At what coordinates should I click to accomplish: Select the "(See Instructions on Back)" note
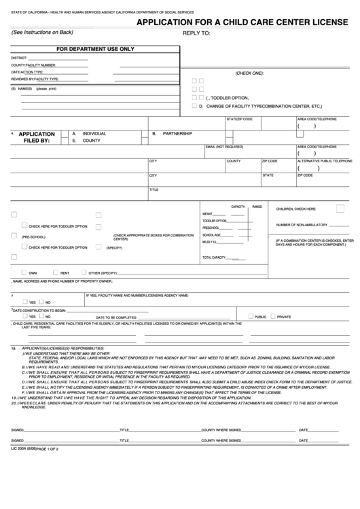[43, 32]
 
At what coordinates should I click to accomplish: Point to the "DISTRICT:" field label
[19, 58]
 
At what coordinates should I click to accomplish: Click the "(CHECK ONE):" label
[249, 73]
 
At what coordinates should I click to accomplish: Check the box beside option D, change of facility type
[194, 106]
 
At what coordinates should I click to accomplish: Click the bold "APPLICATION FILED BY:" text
[37, 137]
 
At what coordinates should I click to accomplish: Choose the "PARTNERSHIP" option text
[179, 134]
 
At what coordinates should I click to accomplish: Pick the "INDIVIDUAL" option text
[94, 134]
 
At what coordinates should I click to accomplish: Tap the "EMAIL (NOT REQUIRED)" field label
[223, 147]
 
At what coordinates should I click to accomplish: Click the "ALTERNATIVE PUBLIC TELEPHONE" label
[325, 161]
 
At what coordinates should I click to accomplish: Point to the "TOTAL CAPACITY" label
[213, 258]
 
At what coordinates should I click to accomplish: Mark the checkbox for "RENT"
[56, 272]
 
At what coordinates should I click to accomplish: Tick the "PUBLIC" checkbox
[251, 316]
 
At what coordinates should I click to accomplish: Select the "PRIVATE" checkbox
[273, 316]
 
